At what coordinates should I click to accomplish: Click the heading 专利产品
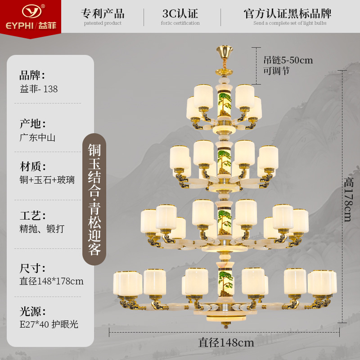tap(103, 13)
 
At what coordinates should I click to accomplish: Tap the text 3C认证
tap(180, 13)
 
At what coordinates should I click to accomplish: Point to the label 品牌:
tap(32, 75)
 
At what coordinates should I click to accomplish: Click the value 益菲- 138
tap(39, 89)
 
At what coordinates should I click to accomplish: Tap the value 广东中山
tap(37, 138)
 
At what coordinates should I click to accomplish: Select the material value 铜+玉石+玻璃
tap(47, 180)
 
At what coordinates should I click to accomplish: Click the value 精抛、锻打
tap(42, 229)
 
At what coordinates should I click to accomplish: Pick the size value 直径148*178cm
tap(52, 281)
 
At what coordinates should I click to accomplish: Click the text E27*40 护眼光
tap(49, 324)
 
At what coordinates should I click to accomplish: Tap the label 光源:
tap(32, 311)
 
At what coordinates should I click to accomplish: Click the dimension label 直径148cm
tap(226, 342)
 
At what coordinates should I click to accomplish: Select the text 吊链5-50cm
tap(288, 60)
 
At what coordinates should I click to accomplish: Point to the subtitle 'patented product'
tap(103, 23)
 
